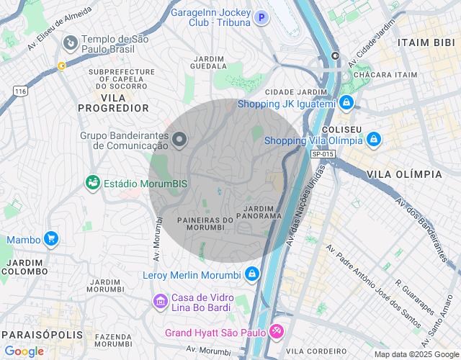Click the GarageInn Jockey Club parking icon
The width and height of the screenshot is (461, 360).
pos(261,17)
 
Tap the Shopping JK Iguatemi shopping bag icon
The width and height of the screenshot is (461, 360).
pos(346,103)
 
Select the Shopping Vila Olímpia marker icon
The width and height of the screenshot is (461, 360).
pos(373,139)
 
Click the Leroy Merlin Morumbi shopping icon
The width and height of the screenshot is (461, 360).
pos(251,274)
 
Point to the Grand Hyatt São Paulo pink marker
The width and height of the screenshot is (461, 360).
pos(277,332)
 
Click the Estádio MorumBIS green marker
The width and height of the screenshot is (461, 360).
pos(93,183)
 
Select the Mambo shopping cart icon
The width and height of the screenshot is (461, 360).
pos(50,238)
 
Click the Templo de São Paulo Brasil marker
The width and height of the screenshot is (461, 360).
pos(71,44)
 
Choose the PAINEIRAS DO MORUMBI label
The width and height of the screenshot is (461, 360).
pos(205,224)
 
